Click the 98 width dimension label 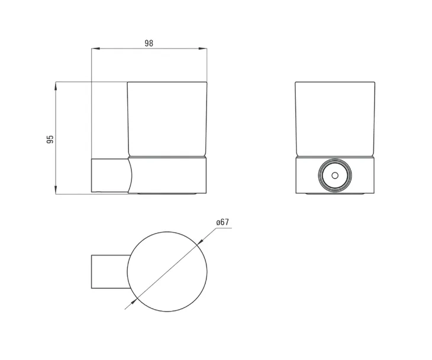[x=149, y=43]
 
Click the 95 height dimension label [x=50, y=139]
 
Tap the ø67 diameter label [x=223, y=222]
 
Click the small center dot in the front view [x=335, y=176]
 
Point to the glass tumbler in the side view [x=167, y=118]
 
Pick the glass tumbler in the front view [x=335, y=118]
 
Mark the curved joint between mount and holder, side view [x=129, y=175]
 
